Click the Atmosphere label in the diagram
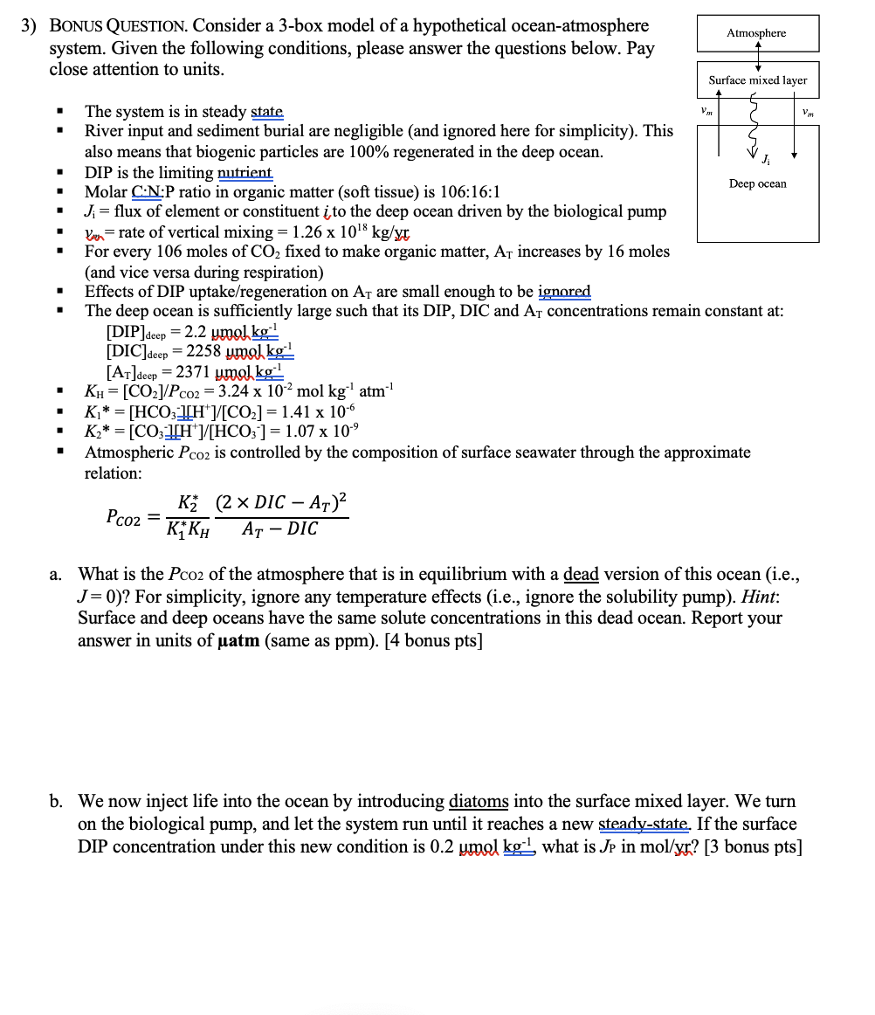pos(756,33)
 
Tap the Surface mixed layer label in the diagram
pos(758,80)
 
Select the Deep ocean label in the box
pos(758,183)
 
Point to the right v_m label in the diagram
pos(808,111)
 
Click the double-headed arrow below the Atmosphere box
pos(758,56)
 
